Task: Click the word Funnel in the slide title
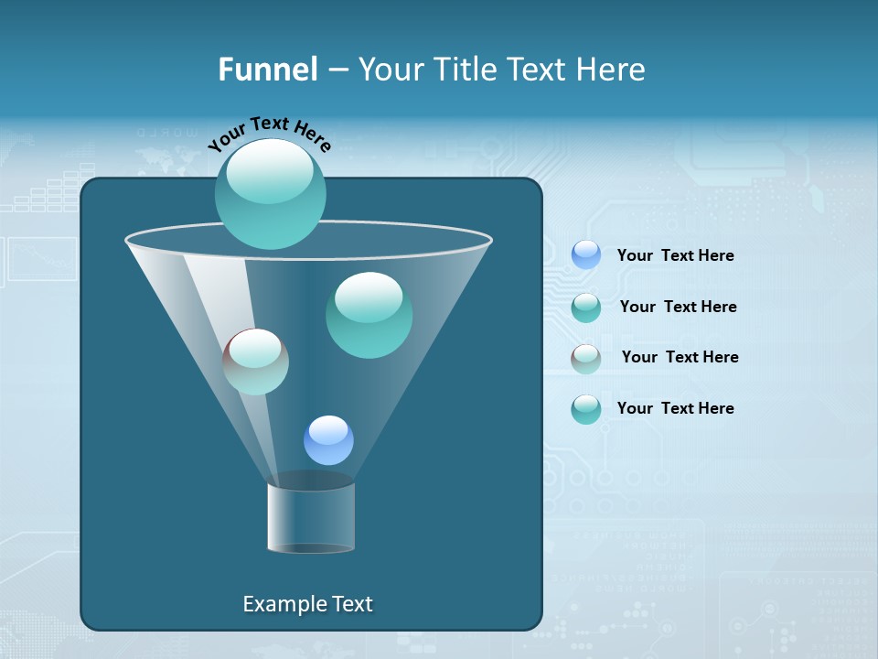tap(267, 70)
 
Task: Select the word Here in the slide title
tap(610, 70)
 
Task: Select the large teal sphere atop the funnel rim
tap(271, 193)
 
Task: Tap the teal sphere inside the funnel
tap(369, 315)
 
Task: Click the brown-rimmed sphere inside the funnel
tap(256, 362)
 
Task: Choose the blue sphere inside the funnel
tap(328, 440)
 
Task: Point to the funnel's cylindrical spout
tap(311, 517)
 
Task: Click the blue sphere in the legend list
tap(586, 255)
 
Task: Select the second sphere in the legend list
tap(586, 308)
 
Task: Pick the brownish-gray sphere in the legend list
tap(586, 359)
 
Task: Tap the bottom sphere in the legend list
tap(586, 409)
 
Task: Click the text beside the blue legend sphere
tap(675, 255)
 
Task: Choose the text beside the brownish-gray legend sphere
tap(680, 357)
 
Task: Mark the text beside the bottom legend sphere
tap(675, 408)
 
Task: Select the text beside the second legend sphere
tap(678, 307)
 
